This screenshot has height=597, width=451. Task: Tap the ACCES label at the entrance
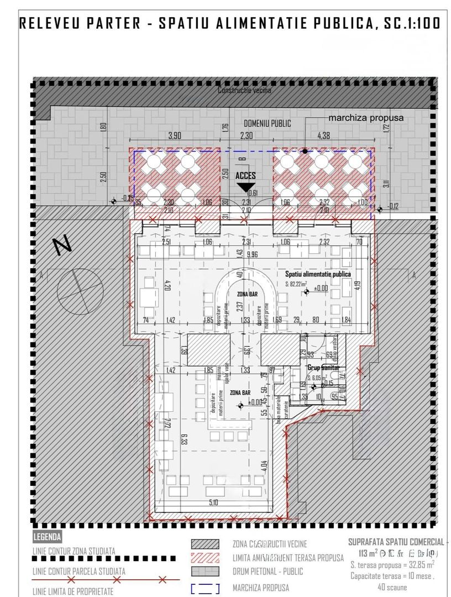click(246, 175)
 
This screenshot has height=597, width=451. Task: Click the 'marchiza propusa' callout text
click(366, 118)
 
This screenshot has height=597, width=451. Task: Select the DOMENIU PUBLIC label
click(268, 124)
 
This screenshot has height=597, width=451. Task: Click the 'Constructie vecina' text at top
click(244, 91)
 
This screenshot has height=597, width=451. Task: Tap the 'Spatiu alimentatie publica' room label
click(318, 274)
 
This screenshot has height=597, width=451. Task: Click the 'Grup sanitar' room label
click(323, 368)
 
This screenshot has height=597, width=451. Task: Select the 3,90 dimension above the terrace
click(175, 135)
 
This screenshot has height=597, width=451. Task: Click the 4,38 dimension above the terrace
click(324, 135)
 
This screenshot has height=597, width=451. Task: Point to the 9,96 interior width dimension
click(253, 254)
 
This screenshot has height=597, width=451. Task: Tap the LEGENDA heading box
click(48, 537)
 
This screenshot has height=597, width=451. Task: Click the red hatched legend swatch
click(204, 558)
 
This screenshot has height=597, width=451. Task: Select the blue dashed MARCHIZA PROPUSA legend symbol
click(204, 589)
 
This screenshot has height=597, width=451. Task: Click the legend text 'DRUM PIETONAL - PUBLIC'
click(268, 572)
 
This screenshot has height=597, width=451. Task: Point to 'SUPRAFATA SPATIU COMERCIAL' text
click(396, 542)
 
